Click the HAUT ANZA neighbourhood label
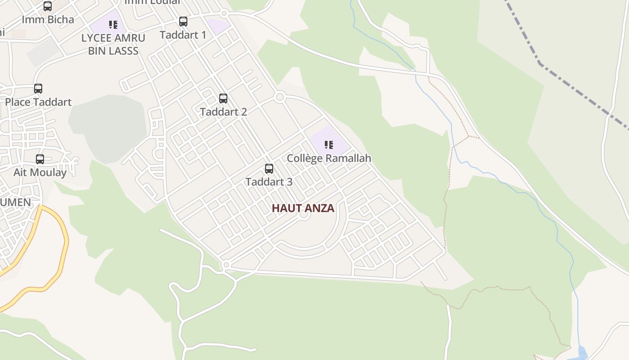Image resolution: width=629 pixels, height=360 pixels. [303, 208]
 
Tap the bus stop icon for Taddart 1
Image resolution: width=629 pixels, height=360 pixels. [183, 21]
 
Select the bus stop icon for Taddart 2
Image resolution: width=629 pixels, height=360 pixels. [223, 98]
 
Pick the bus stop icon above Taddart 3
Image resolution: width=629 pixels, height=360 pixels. [269, 168]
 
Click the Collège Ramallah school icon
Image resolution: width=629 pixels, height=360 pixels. [328, 144]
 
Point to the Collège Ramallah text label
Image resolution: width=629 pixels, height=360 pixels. [329, 158]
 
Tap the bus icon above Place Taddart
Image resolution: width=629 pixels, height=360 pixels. [38, 88]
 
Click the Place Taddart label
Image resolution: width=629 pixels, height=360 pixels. [38, 102]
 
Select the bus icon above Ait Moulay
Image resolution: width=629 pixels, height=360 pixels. [40, 159]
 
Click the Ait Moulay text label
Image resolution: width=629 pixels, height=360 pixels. [40, 172]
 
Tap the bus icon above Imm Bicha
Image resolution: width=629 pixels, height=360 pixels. [48, 6]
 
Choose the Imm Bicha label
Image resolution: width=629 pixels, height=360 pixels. [48, 20]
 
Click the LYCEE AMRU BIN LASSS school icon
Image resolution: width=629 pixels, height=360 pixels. [113, 24]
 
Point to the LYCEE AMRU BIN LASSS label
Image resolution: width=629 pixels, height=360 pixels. [113, 44]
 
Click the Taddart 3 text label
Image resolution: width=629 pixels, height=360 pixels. [269, 182]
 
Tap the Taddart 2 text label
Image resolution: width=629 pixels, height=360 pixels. [223, 112]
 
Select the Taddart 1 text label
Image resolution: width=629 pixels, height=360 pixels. [183, 35]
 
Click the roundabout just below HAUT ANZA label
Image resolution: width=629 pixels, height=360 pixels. [304, 215]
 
